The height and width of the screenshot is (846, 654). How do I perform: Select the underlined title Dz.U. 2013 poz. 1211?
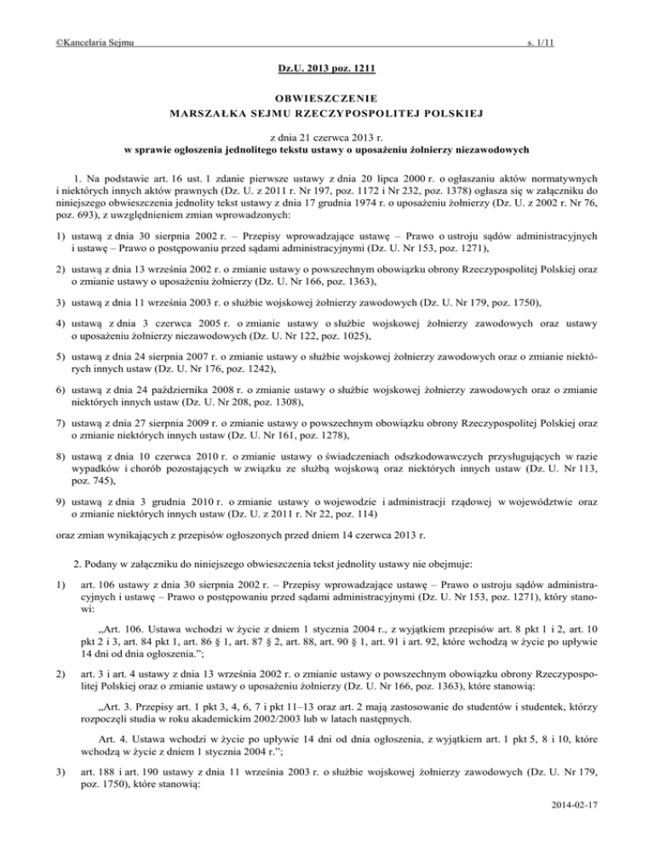[x=326, y=67]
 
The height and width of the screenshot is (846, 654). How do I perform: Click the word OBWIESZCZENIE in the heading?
[x=326, y=98]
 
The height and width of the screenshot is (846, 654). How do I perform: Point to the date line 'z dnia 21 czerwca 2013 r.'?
[x=326, y=137]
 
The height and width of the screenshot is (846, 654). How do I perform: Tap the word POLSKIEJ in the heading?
[x=499, y=112]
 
